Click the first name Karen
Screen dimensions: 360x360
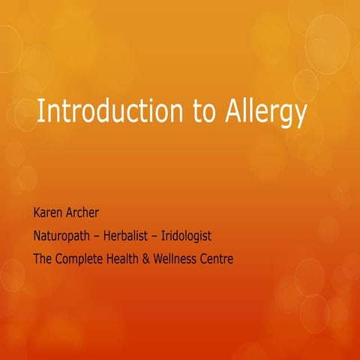pyautogui.click(x=49, y=212)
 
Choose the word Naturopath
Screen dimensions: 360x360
pyautogui.click(x=63, y=236)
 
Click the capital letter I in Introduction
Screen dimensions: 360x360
pyautogui.click(x=40, y=112)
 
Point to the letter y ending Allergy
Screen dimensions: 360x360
pyautogui.click(x=301, y=116)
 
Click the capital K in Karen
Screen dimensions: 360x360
pyautogui.click(x=37, y=212)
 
